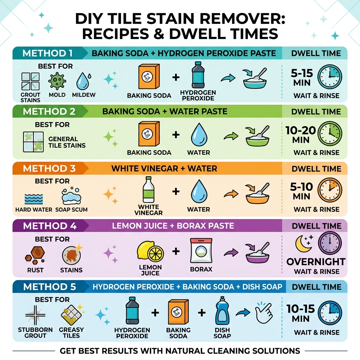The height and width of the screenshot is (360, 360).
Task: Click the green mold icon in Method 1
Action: click(57, 81)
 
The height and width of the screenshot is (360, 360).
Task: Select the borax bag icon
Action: click(201, 250)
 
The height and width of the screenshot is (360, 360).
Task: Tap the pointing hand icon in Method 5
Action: click(264, 312)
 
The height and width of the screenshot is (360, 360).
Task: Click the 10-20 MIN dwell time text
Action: click(301, 135)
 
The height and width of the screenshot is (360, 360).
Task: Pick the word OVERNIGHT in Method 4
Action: click(316, 262)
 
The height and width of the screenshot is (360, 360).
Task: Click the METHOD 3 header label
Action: click(49, 168)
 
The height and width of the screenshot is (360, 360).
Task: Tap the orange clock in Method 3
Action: click(329, 190)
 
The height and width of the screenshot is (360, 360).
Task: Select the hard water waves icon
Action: click(34, 199)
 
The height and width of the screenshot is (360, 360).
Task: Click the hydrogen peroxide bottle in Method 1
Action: click(198, 75)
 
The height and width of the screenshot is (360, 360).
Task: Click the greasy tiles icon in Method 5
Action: click(71, 314)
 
